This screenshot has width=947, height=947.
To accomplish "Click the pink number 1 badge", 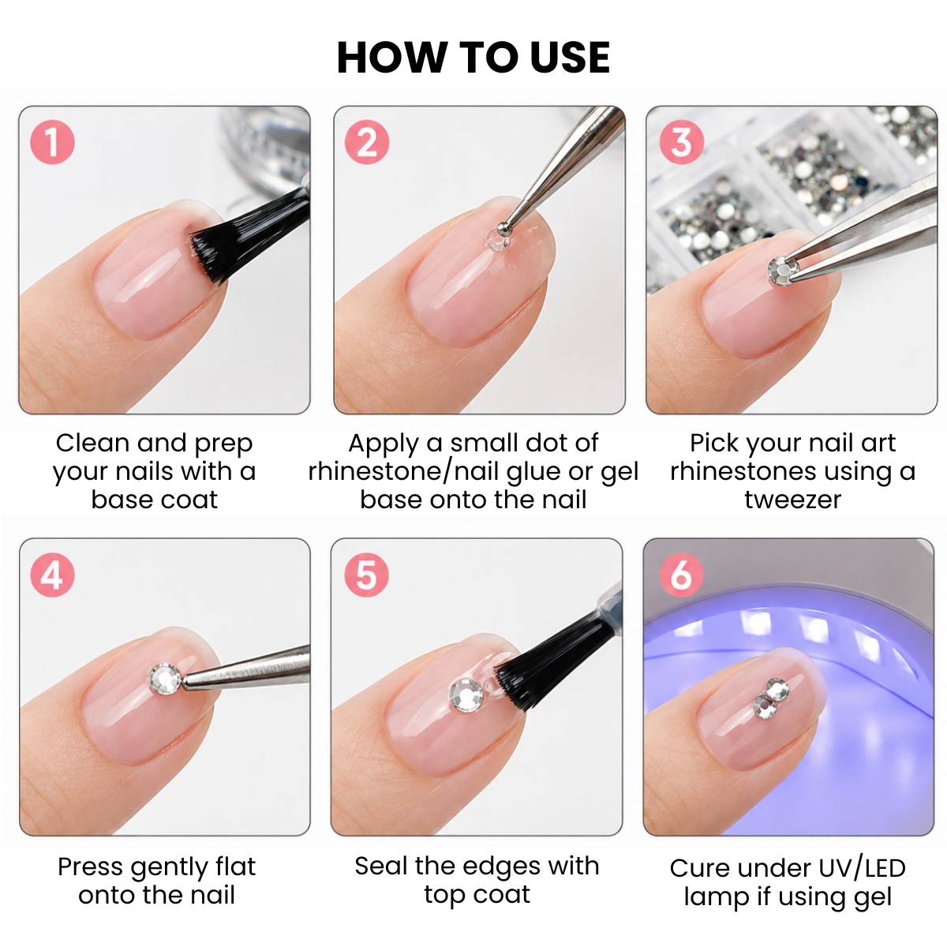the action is tap(52, 142).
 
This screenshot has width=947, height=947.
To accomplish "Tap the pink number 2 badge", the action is tap(367, 142).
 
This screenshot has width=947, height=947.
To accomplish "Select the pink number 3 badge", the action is tap(681, 142).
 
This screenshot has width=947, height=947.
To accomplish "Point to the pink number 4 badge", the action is tap(52, 575).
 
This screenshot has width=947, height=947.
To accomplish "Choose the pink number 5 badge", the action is tap(367, 575).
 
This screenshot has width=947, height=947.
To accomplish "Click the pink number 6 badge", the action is tap(681, 575).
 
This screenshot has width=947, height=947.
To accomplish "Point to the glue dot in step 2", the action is tap(498, 239).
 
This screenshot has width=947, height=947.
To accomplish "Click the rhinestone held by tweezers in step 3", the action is tap(783, 271).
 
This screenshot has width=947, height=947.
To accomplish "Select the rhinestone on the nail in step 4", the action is tap(165, 679).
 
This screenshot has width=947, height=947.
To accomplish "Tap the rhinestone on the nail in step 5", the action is tap(467, 695).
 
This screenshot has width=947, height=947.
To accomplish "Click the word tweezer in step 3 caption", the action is tap(792, 500).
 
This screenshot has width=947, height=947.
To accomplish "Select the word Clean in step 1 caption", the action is tap(93, 443).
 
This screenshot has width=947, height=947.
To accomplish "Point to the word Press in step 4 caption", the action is tap(91, 867).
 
